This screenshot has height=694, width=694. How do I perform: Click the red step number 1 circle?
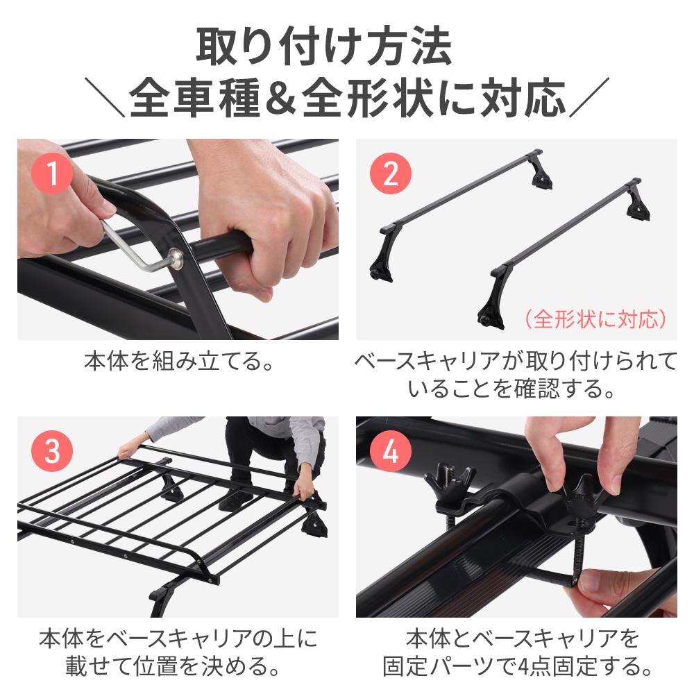click(52, 173)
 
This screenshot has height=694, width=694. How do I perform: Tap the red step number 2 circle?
click(390, 173)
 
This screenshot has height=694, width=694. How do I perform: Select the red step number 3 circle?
click(52, 451)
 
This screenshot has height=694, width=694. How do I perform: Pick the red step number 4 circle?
click(390, 451)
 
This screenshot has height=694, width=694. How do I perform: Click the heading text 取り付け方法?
click(324, 46)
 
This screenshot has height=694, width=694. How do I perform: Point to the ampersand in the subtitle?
click(280, 99)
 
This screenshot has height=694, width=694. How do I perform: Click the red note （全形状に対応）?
click(595, 319)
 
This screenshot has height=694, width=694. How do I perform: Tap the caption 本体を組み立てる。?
click(179, 361)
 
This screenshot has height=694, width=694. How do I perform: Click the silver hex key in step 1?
click(133, 246)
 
